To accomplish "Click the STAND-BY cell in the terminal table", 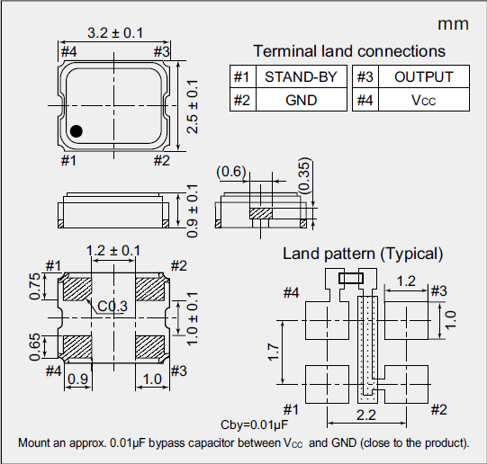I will coord(301,76).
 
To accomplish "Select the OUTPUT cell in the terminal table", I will coord(423,76).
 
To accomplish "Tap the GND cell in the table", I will coord(301,100).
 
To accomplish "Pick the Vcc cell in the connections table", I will coord(423,100).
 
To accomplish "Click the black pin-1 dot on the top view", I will coord(77,131).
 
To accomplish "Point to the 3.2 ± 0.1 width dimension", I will coord(114,33).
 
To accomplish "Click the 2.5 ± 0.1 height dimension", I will coord(191,106).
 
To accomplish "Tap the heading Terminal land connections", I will coord(349,51).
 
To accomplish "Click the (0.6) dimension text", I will coord(231,171).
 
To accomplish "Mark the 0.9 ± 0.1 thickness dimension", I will coord(191,210).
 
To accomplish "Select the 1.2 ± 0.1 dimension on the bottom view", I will coord(113,250).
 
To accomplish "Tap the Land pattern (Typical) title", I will coord(363,254).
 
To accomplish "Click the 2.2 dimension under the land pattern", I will coord(365,415).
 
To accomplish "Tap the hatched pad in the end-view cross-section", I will coord(261,213).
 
